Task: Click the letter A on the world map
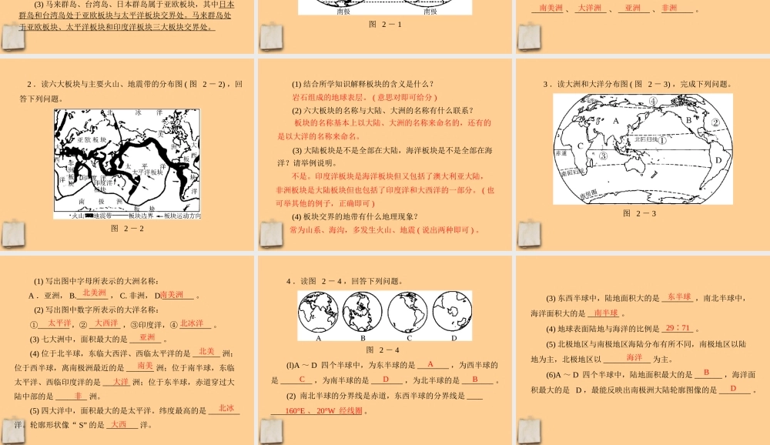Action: click(615, 121)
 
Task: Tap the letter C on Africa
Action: click(580, 146)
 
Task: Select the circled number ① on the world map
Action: click(662, 140)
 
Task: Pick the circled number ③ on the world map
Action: click(603, 156)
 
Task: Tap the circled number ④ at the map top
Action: click(652, 100)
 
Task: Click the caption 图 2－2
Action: click(127, 228)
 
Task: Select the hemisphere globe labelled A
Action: click(316, 313)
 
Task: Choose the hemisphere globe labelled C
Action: click(409, 313)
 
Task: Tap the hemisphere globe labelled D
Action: click(454, 313)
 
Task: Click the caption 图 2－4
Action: click(385, 349)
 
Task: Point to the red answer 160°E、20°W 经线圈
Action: click(317, 411)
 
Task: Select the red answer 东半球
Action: click(680, 297)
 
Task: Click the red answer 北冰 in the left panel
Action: click(226, 408)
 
